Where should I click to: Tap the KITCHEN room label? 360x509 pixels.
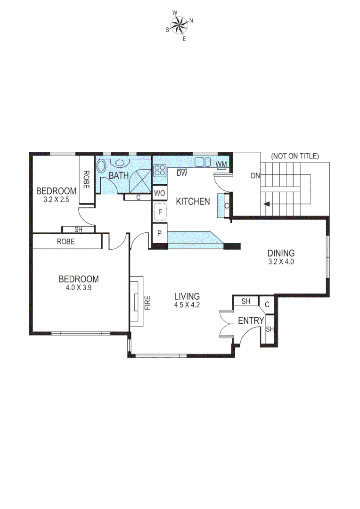click(x=193, y=202)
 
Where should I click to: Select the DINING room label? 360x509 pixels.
click(x=281, y=253)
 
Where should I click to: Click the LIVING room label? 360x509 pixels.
click(x=187, y=296)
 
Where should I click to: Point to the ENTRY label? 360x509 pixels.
click(x=251, y=321)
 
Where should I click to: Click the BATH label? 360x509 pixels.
click(x=119, y=176)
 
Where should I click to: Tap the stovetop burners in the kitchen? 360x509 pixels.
click(x=160, y=170)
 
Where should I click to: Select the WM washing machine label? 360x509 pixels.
click(x=221, y=164)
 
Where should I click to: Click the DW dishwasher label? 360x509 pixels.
click(x=182, y=173)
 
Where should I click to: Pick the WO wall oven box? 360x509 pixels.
click(x=159, y=193)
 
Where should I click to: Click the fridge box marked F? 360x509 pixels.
click(x=160, y=213)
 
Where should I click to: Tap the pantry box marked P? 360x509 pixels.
click(x=160, y=233)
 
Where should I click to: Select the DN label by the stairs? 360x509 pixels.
click(x=255, y=176)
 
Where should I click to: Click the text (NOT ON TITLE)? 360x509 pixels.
click(x=295, y=156)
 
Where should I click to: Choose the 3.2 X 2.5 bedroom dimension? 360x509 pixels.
click(x=57, y=199)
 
